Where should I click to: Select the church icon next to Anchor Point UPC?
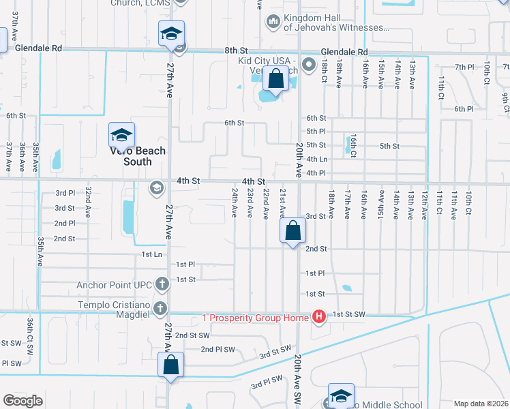[162, 283]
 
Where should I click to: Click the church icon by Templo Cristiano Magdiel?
[160, 307]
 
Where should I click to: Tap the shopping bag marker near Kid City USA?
[275, 80]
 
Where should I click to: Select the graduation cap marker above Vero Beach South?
[121, 135]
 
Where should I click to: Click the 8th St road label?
[235, 50]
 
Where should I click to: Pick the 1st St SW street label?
[349, 314]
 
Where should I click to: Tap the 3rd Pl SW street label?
[267, 382]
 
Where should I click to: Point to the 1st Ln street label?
[151, 254]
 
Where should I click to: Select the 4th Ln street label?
[318, 159]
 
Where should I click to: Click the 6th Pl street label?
[464, 108]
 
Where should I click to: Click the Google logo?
[23, 401]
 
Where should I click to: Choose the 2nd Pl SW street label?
[218, 349]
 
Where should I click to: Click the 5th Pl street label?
[316, 131]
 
